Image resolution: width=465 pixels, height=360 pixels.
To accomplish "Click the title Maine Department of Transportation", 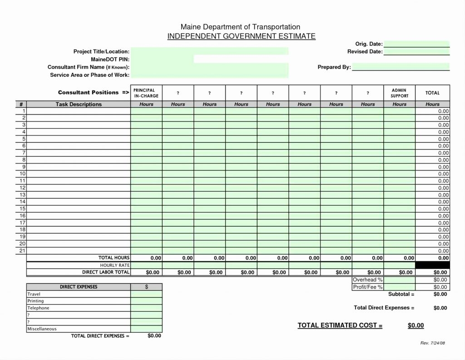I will click(x=240, y=27).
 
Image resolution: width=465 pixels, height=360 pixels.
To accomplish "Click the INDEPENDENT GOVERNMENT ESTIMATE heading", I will click(x=241, y=36).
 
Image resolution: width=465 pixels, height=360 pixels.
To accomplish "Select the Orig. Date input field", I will click(x=416, y=44).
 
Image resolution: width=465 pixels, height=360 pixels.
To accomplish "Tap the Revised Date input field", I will click(x=416, y=52).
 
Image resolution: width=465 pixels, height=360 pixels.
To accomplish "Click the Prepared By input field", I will click(x=401, y=67).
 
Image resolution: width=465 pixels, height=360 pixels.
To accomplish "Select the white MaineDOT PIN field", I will click(x=241, y=59).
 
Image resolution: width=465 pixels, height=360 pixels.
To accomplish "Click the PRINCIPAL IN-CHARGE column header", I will click(x=146, y=93).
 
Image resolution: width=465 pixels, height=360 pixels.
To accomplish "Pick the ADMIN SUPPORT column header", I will click(x=399, y=93).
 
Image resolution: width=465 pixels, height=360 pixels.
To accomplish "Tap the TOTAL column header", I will click(x=432, y=93).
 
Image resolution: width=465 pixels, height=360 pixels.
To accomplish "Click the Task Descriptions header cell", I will click(x=79, y=104).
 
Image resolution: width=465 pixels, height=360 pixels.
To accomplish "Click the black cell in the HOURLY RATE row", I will click(x=432, y=265).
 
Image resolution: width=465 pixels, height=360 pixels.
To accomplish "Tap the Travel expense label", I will click(x=34, y=294).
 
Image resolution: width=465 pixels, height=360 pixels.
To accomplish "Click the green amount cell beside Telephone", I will click(x=146, y=308).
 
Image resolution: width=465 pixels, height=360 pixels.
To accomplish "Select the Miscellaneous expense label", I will click(x=42, y=329).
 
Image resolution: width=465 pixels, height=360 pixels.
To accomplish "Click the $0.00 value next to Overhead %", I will click(x=440, y=280).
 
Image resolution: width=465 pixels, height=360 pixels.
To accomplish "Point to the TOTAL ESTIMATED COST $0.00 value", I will click(x=416, y=325).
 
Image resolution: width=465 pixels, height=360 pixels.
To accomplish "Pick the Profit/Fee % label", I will click(x=367, y=287).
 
